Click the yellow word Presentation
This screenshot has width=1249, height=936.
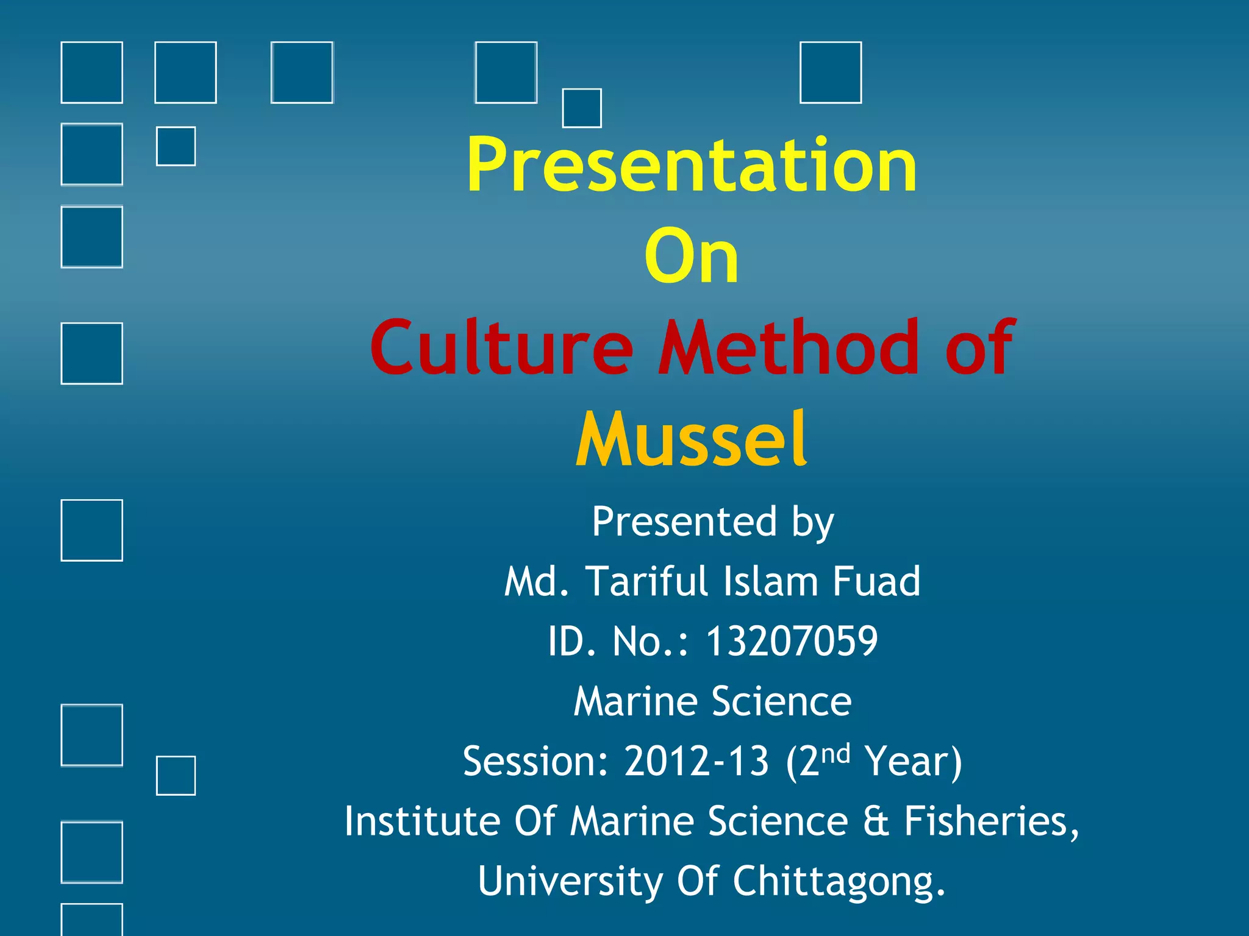692,165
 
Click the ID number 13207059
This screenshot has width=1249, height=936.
792,641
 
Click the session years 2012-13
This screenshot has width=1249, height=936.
696,761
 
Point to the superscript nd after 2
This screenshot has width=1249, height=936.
835,753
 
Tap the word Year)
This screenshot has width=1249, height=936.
913,762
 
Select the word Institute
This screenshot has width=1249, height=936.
423,821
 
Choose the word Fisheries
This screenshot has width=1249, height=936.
991,821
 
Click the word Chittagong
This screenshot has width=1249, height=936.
839,881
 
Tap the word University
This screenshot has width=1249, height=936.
570,881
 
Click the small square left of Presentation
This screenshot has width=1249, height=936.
176,146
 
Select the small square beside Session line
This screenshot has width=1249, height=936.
176,776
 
